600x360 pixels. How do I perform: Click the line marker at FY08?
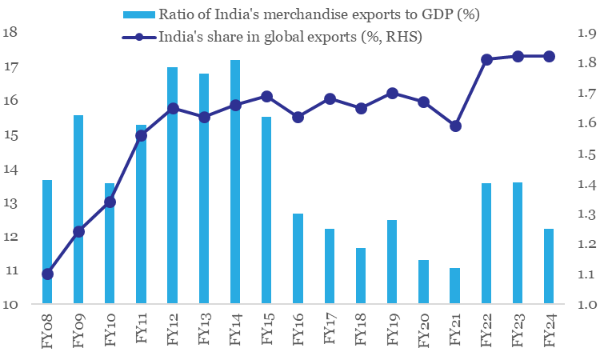pos(47,274)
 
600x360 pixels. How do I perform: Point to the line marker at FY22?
pos(486,59)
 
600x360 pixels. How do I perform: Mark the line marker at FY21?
pos(455,126)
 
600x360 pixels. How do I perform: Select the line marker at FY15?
pos(267,96)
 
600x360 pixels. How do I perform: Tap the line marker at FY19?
pos(392,93)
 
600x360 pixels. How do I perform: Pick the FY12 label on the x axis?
pos(173,330)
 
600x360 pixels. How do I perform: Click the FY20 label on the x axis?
pos(424,330)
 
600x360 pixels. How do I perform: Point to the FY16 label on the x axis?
pos(298,330)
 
